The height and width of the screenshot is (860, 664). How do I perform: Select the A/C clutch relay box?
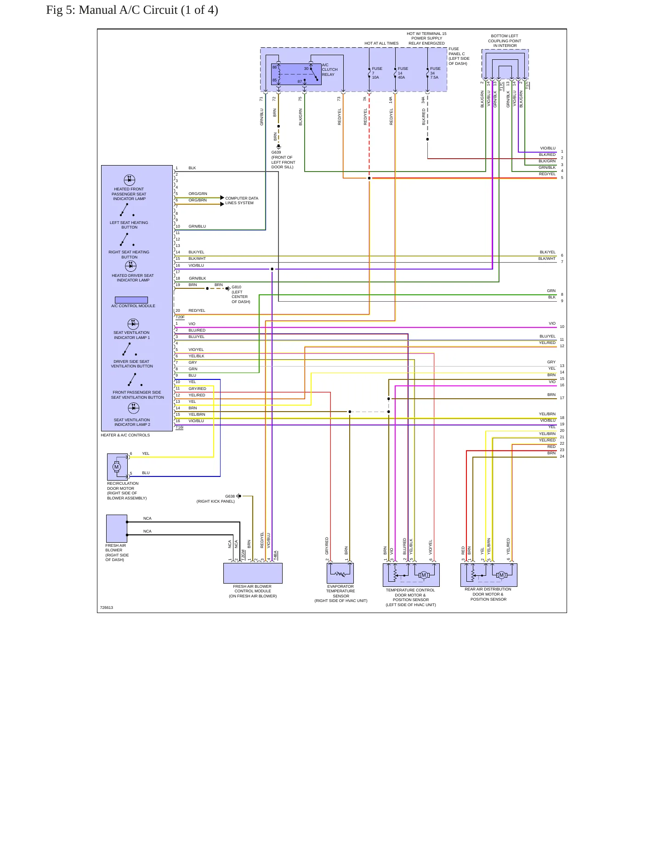[x=296, y=75]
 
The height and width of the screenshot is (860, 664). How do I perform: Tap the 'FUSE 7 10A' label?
[x=377, y=73]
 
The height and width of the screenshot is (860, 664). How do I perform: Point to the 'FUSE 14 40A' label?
[x=403, y=73]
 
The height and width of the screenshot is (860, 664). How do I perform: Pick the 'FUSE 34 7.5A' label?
[x=435, y=73]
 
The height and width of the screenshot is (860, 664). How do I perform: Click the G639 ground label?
[x=276, y=152]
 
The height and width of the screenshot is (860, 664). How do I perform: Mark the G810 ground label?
[x=236, y=287]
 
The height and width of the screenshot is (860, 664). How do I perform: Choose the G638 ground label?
[x=230, y=496]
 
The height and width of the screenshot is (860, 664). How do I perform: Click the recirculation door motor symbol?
[x=117, y=467]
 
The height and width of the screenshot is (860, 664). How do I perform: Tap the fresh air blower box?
[x=117, y=528]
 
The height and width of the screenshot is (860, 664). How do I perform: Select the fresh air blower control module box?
[x=253, y=573]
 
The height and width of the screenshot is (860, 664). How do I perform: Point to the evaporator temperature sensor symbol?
[x=341, y=573]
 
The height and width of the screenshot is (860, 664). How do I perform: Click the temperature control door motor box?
[x=411, y=575]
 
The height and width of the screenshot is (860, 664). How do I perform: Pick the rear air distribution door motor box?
[x=489, y=575]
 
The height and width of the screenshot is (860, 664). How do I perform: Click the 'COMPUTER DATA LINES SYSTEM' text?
[x=242, y=201]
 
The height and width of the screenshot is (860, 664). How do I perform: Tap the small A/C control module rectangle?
[x=131, y=300]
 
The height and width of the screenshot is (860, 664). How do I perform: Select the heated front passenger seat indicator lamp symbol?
[x=130, y=180]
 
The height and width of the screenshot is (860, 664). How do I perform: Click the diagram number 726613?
[x=107, y=608]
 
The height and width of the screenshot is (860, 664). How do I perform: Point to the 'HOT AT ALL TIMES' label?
[x=381, y=43]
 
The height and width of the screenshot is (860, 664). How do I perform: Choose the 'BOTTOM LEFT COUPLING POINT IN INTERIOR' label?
[x=505, y=41]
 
